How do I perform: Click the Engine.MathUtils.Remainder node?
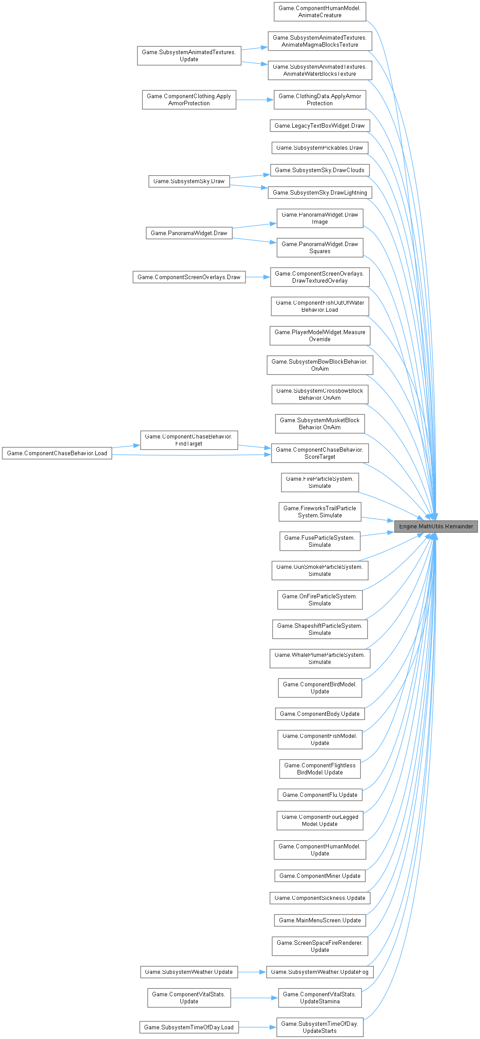click(x=436, y=526)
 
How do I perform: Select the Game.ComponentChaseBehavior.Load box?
click(x=57, y=453)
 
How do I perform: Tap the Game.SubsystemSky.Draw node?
click(x=189, y=181)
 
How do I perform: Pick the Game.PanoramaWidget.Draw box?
click(x=189, y=233)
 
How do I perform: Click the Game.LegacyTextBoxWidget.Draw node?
click(x=320, y=125)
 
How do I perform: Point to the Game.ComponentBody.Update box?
click(x=320, y=714)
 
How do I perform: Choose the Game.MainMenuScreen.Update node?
click(x=320, y=920)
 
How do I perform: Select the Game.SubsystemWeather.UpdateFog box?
click(x=320, y=972)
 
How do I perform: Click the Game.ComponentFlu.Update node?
click(x=320, y=795)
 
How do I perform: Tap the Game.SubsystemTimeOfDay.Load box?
click(x=189, y=1027)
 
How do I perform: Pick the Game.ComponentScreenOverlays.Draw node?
click(x=189, y=277)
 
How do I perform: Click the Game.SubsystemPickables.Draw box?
click(x=320, y=147)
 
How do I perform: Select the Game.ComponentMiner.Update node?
click(x=320, y=876)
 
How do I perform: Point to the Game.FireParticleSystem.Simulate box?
click(x=320, y=482)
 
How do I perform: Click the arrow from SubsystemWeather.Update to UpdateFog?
click(x=252, y=972)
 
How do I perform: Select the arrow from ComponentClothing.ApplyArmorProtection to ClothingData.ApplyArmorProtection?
click(x=255, y=100)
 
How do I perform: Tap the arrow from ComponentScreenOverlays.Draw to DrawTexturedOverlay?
click(x=258, y=277)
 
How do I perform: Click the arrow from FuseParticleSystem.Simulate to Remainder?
click(x=377, y=534)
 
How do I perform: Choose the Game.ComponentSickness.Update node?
click(x=320, y=898)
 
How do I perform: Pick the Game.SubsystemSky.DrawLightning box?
click(x=320, y=192)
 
